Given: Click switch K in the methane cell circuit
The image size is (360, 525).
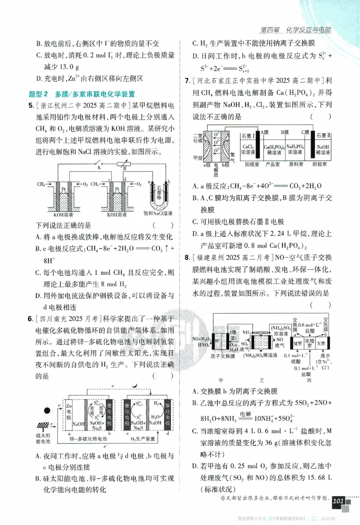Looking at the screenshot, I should point(99,167).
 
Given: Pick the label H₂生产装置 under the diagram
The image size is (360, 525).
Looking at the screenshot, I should point(143,438).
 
